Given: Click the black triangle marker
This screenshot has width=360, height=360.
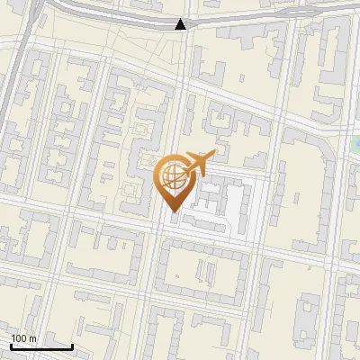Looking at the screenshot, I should pyautogui.click(x=182, y=24).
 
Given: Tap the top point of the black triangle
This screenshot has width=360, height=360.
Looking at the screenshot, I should pyautogui.click(x=182, y=19).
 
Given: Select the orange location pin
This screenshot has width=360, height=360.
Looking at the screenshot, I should pyautogui.click(x=174, y=180).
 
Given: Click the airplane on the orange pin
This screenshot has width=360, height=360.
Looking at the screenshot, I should pyautogui.click(x=197, y=162).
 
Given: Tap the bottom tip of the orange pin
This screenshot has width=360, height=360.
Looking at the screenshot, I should pyautogui.click(x=174, y=211).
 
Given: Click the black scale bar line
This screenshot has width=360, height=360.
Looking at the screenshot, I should pyautogui.click(x=40, y=346).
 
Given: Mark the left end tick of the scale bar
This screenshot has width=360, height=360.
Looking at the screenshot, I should pyautogui.click(x=11, y=345).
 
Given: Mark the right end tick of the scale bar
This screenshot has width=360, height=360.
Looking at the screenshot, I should pyautogui.click(x=72, y=345).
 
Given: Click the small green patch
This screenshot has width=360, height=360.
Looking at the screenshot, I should pyautogui.click(x=355, y=142).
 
